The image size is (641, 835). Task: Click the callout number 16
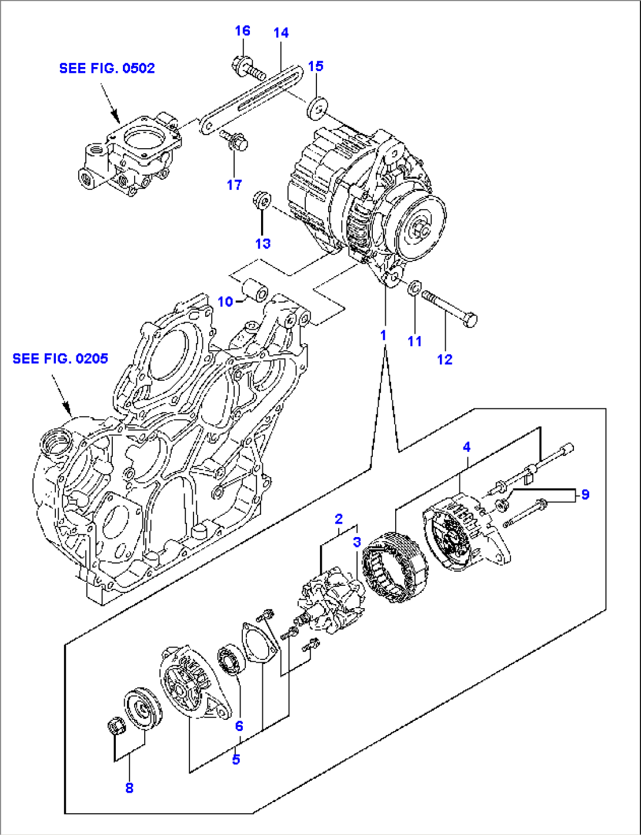[242, 31]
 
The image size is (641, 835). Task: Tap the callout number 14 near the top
[281, 33]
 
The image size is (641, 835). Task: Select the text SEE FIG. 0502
[107, 68]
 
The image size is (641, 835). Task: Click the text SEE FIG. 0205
[61, 358]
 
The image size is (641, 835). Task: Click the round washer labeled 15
[318, 108]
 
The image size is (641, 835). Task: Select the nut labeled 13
[261, 200]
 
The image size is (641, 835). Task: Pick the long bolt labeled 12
[450, 307]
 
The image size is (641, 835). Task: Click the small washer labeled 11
[414, 288]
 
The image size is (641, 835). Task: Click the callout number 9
[585, 495]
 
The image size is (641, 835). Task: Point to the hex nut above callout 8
[116, 727]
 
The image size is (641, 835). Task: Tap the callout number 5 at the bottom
[236, 759]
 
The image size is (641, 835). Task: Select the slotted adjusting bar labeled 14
[253, 100]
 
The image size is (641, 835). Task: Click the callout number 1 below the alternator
[383, 336]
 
